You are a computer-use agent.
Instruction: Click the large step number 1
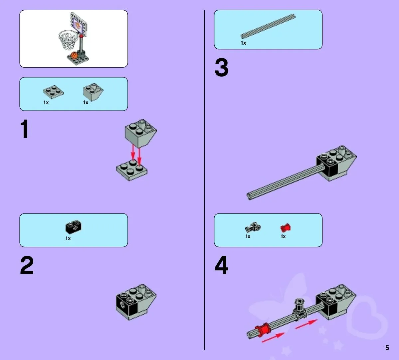[x=24, y=129]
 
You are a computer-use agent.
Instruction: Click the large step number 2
[x=27, y=265]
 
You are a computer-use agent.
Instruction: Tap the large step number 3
[x=221, y=68]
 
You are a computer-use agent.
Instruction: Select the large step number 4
[x=221, y=265]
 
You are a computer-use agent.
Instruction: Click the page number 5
[x=387, y=348]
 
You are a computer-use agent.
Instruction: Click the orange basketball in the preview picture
[x=74, y=56]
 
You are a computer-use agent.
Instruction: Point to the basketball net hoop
[x=68, y=39]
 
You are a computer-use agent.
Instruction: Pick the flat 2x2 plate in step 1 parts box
[x=53, y=92]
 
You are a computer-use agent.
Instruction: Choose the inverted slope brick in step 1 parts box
[x=93, y=91]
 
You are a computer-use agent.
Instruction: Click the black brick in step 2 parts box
[x=73, y=227]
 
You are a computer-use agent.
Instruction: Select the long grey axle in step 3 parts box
[x=268, y=26]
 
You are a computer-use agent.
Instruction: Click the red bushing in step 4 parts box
[x=286, y=227]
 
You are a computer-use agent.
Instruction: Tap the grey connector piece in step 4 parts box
[x=253, y=227]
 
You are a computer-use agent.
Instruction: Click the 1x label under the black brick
[x=68, y=238]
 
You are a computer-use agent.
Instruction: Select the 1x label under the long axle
[x=243, y=43]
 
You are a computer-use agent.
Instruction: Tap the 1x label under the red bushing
[x=283, y=236]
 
